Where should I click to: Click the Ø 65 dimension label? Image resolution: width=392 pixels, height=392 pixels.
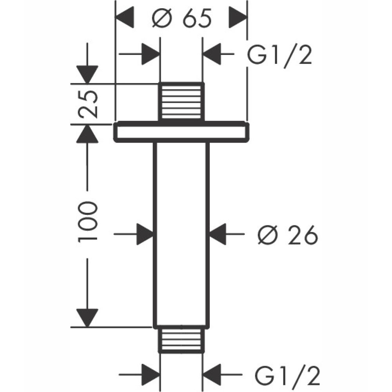coord(181,18)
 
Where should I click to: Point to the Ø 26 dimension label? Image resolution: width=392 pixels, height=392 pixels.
coord(287,235)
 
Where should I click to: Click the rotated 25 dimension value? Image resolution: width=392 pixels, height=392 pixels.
coord(87,104)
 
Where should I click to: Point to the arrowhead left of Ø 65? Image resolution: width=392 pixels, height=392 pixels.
coord(125,18)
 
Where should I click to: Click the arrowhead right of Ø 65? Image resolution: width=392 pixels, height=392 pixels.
coord(238,18)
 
